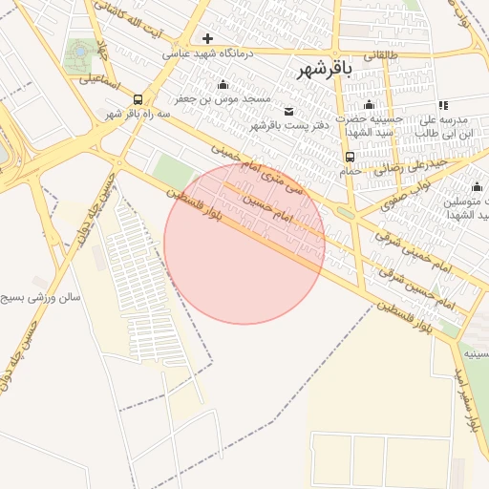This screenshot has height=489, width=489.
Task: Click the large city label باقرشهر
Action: click(x=325, y=69)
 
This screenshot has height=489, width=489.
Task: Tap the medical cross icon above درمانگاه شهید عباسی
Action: click(x=207, y=39)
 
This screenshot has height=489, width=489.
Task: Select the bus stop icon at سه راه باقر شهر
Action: click(x=138, y=99)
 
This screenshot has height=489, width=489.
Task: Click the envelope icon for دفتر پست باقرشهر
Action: click(x=289, y=111)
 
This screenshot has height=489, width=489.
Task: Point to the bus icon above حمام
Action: click(x=350, y=157)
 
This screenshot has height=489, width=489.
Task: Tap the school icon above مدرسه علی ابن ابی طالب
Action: click(x=442, y=104)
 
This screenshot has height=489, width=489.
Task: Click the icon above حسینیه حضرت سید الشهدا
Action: click(x=369, y=104)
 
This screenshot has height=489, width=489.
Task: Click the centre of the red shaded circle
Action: click(x=244, y=244)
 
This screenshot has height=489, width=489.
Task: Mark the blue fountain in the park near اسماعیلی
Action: click(x=80, y=49)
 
